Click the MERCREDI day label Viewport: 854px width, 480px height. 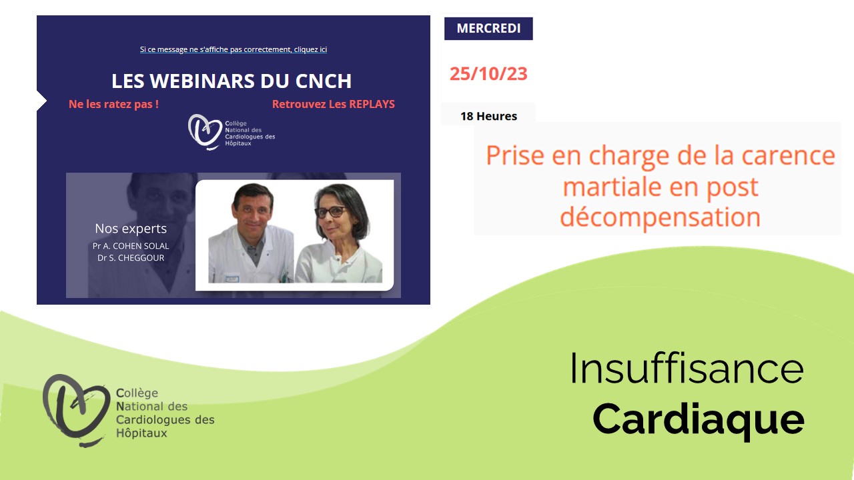tap(488, 28)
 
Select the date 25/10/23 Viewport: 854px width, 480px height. tap(488, 73)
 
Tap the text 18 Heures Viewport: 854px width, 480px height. tap(488, 116)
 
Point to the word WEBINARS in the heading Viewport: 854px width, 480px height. tap(202, 81)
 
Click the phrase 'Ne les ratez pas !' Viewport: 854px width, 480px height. tap(113, 104)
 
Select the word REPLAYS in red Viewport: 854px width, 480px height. tap(372, 104)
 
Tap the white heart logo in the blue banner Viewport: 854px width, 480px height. tap(204, 131)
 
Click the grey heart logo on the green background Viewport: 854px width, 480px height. tap(75, 409)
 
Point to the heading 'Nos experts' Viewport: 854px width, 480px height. tap(131, 229)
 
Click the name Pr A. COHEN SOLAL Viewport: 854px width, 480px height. tap(131, 246)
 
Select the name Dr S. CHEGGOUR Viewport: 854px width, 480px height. tap(131, 258)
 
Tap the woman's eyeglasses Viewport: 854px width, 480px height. tap(330, 212)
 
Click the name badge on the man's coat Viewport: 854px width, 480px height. tap(232, 279)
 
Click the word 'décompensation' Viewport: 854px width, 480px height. tap(661, 217)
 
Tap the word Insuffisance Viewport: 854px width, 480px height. tap(687, 369)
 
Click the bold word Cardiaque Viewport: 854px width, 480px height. tap(699, 420)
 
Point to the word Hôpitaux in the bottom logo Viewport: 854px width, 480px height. tap(141, 433)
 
